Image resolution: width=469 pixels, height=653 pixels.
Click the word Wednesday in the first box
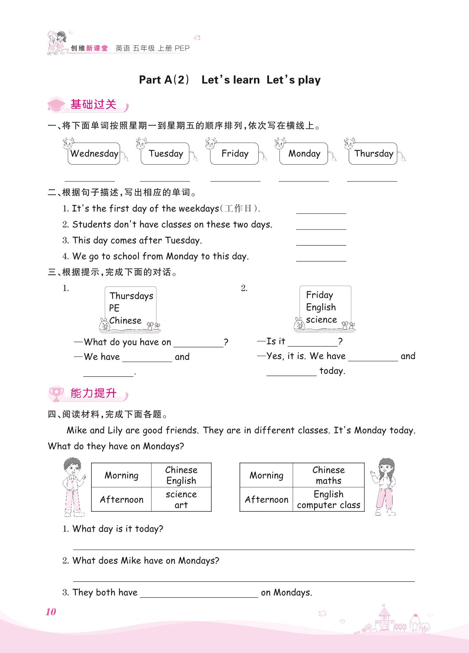94,154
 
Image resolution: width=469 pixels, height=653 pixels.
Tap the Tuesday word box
166,154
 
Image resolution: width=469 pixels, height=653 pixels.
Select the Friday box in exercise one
235,154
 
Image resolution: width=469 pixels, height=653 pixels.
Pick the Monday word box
304,154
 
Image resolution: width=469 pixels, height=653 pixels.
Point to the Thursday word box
374,154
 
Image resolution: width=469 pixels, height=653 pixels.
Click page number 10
51,612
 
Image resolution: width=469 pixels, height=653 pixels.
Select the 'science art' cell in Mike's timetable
181,499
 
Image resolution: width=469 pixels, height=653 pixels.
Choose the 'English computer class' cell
328,499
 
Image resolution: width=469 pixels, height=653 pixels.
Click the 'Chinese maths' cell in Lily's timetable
328,475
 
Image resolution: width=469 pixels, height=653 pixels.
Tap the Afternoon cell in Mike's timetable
121,499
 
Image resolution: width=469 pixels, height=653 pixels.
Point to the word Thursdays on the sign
131,296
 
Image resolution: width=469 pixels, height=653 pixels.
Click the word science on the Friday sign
321,320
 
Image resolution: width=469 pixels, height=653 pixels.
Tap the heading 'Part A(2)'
164,80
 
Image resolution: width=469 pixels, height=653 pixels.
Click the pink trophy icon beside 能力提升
56,393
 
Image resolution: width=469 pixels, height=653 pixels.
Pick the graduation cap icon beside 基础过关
56,105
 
